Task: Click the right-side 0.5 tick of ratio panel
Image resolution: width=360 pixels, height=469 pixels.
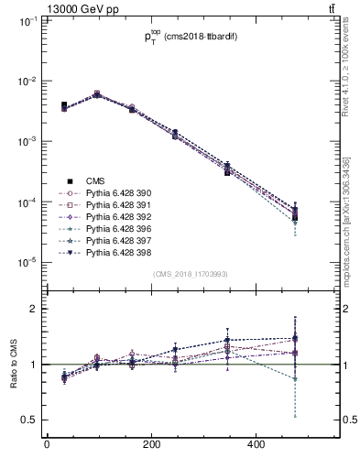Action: click(344, 420)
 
